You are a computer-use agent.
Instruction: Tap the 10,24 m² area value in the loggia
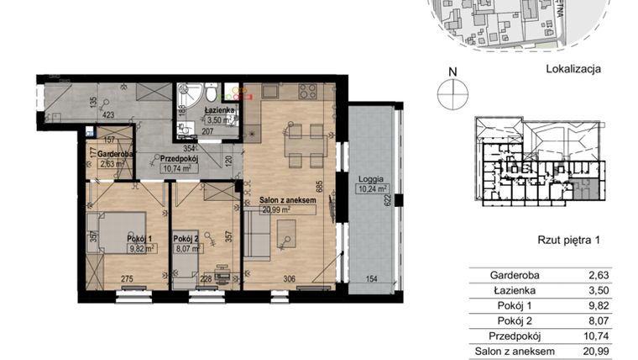point(369,189)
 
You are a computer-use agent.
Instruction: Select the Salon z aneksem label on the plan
point(288,199)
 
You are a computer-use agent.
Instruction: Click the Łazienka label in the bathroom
point(220,109)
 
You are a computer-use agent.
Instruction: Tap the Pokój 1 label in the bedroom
point(139,239)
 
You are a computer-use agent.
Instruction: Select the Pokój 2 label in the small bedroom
point(186,239)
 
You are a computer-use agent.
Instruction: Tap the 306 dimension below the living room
point(288,279)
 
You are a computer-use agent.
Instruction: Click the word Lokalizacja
point(574,70)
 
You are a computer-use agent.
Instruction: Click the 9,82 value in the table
point(610,305)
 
